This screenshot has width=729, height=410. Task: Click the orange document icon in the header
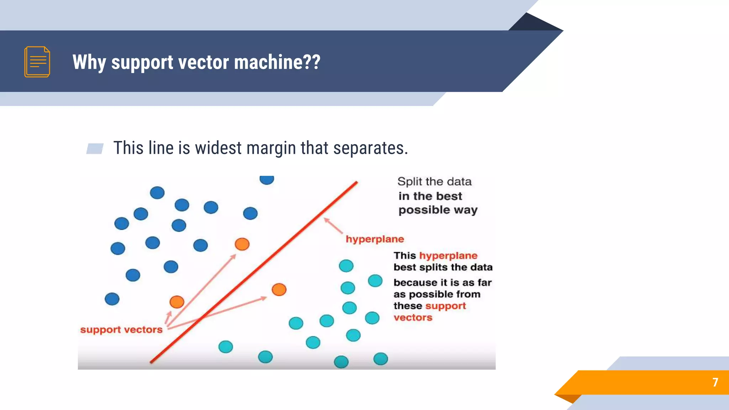click(37, 62)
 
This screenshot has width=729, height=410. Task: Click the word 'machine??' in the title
click(277, 62)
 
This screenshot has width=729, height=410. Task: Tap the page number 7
click(715, 382)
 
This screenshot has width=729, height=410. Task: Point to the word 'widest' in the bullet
click(218, 148)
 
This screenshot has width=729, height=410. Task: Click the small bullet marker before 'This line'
click(95, 148)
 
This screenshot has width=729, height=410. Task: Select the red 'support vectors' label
click(121, 330)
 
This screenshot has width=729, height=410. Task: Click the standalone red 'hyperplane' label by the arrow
click(374, 239)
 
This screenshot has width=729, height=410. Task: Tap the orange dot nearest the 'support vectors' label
click(177, 302)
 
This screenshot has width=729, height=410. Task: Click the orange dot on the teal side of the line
click(279, 289)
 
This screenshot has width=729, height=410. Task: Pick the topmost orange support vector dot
click(242, 244)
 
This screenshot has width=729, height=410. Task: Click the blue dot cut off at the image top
click(267, 180)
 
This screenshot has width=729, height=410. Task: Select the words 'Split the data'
click(434, 182)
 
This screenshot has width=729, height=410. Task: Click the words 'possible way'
click(438, 210)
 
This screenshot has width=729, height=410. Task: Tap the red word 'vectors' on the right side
click(413, 317)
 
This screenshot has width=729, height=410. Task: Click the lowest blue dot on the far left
click(112, 299)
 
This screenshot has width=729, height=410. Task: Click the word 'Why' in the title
click(89, 62)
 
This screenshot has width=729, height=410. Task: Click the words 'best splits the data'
click(443, 267)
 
